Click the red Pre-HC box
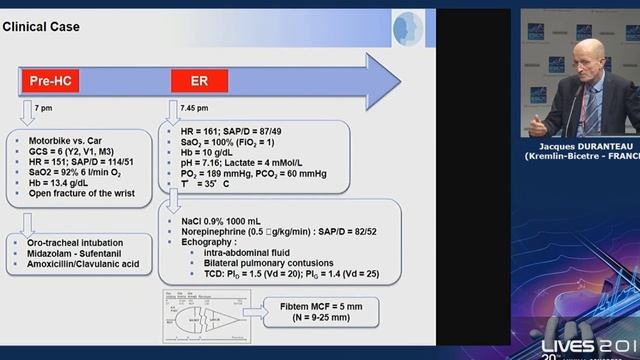pos(51,80)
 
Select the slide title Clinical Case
pos(42,26)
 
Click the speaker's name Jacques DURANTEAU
pos(581,173)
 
